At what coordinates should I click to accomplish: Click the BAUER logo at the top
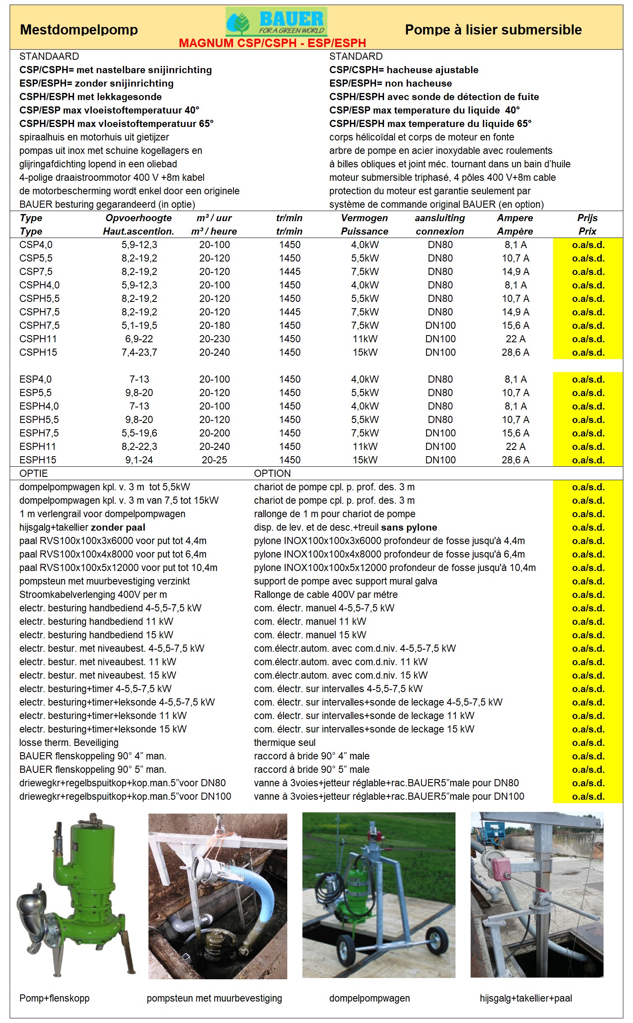tap(276, 22)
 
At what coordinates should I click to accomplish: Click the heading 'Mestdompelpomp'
tap(79, 30)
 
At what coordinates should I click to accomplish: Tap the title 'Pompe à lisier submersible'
tap(493, 30)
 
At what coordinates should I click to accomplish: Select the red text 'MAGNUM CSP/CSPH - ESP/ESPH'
tap(272, 43)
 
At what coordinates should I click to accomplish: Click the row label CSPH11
tap(38, 339)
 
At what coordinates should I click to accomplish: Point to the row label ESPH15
tap(38, 460)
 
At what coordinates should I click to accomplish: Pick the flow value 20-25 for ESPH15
tap(214, 460)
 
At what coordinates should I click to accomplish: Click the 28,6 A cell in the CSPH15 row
tap(515, 352)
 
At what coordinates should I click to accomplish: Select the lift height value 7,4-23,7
tap(139, 352)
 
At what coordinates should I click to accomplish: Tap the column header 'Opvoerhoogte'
tap(138, 218)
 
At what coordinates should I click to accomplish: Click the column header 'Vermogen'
tap(364, 218)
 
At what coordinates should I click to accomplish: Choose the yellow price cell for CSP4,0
tap(588, 245)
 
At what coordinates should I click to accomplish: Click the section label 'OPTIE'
tap(34, 473)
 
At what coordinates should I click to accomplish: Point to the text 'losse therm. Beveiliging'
tap(69, 743)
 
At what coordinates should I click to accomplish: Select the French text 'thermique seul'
tap(285, 743)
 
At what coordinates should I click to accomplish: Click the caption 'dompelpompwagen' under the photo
tap(369, 998)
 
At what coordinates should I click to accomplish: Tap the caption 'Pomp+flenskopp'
tap(54, 998)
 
